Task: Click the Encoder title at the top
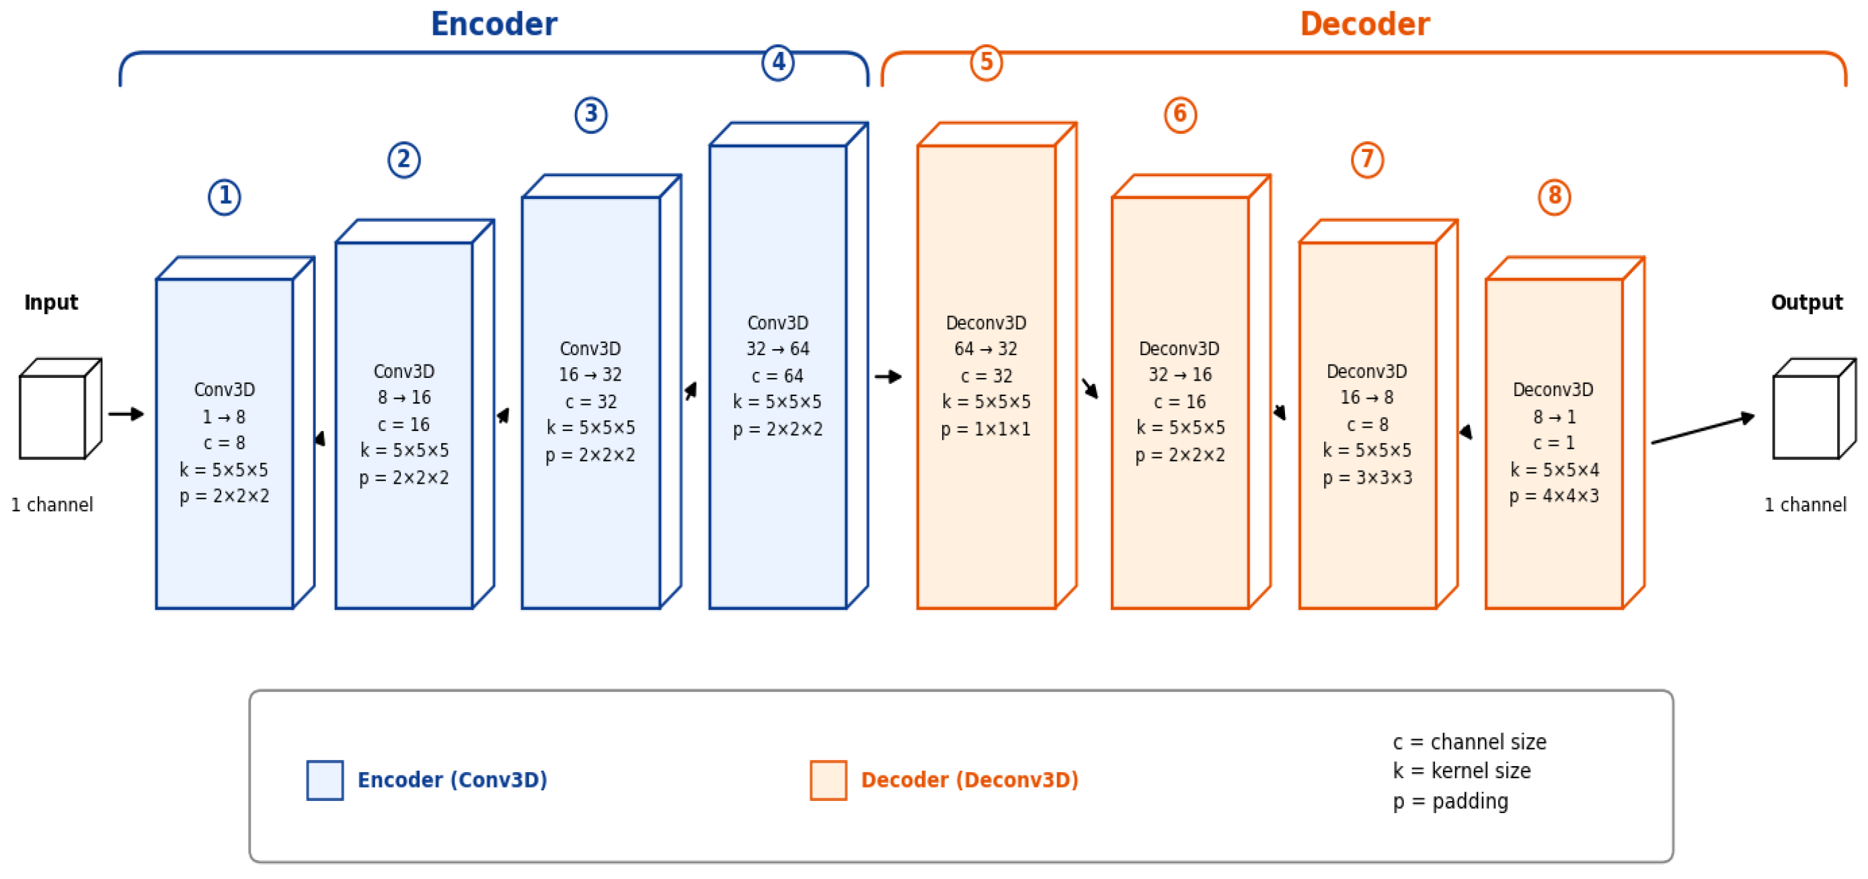pos(494,24)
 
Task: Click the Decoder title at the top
pos(1365,24)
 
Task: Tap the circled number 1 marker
pos(225,196)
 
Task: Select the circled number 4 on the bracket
pos(778,63)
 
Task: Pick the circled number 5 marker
pos(986,63)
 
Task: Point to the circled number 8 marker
pos(1554,196)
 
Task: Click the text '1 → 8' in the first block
pos(224,417)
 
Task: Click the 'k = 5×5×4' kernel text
pos(1554,469)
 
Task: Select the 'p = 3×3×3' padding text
pos(1367,478)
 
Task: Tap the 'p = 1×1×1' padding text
pos(986,429)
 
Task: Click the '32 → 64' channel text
pos(778,349)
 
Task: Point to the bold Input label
pos(50,303)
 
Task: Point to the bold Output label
pos(1806,303)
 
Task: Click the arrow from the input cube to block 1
pos(126,414)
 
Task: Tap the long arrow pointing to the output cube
pos(1703,428)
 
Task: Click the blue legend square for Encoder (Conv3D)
pos(325,780)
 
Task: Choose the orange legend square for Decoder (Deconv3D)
pos(828,780)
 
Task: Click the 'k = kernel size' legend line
pos(1461,770)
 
